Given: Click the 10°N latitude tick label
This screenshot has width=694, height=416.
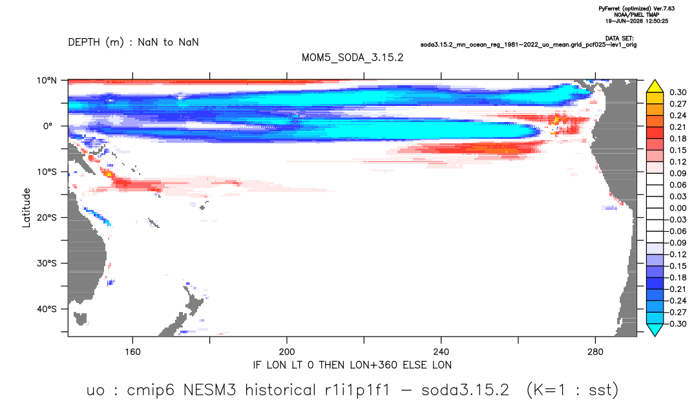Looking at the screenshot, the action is click(x=47, y=81).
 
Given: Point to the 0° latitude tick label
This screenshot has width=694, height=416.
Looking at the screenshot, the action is click(x=48, y=126).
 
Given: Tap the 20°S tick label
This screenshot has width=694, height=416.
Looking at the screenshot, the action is click(x=47, y=217).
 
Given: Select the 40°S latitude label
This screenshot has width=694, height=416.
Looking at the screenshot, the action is click(x=47, y=309).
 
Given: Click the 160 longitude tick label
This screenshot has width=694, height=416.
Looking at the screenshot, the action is click(x=132, y=352).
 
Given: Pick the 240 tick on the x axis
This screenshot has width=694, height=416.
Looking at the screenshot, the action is click(x=441, y=352).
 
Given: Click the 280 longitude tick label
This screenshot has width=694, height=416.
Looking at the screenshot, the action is click(x=595, y=352).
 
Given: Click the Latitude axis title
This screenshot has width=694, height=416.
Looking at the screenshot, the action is click(x=26, y=208).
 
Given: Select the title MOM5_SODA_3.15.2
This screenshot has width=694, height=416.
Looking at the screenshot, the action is click(x=353, y=57).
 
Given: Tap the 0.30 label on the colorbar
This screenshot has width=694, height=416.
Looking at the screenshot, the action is click(x=678, y=92).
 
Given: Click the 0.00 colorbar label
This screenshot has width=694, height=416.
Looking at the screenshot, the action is click(x=678, y=208).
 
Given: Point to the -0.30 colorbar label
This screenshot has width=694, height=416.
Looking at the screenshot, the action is click(x=677, y=324).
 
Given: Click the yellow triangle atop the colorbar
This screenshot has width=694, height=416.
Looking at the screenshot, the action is click(x=655, y=87).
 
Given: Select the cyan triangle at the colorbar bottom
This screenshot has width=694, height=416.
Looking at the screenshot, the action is click(x=655, y=329).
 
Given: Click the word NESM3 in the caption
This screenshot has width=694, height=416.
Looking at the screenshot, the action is click(x=209, y=390).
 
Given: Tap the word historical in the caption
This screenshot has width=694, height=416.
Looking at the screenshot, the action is click(x=280, y=390).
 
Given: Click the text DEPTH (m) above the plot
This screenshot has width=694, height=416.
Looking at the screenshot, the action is click(x=96, y=43).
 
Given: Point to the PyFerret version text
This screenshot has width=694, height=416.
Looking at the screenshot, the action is click(x=636, y=8).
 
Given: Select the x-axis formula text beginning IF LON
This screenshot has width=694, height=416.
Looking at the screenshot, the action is click(x=352, y=365).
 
